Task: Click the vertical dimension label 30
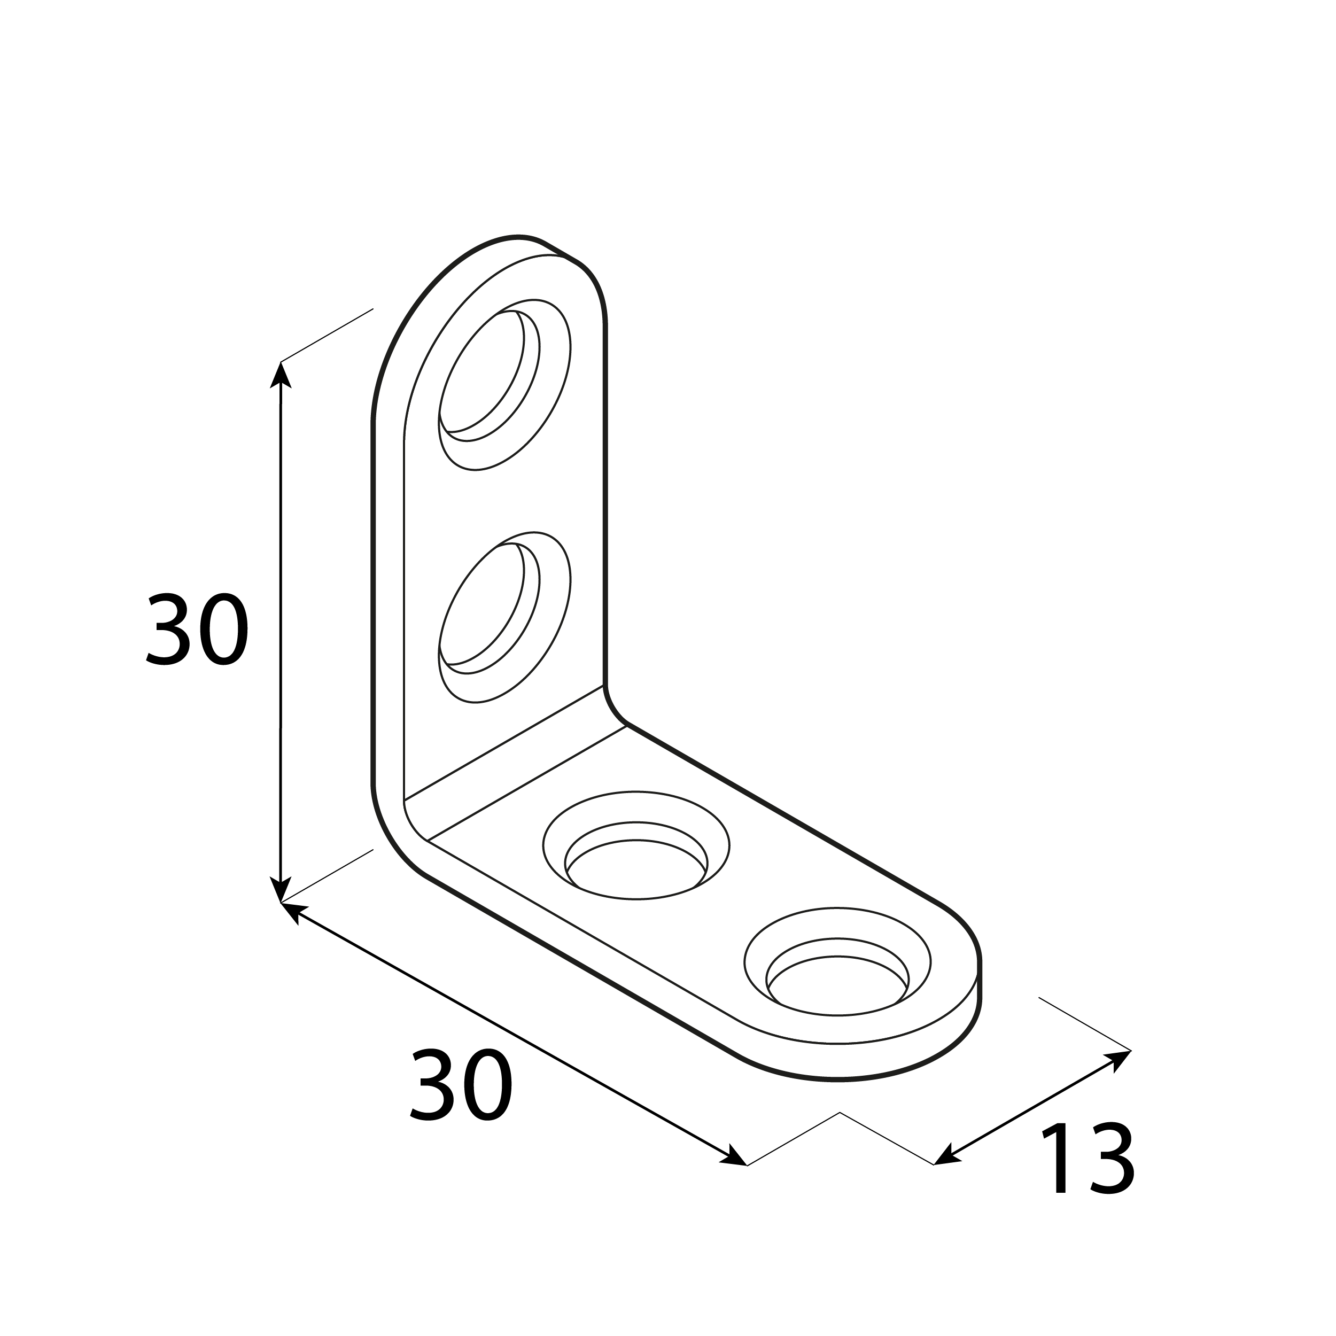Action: [x=197, y=630]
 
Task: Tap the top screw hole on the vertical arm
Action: [x=490, y=376]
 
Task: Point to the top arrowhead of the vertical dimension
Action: [x=280, y=374]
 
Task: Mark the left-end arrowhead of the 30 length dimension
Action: [x=292, y=911]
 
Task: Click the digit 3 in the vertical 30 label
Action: [x=168, y=630]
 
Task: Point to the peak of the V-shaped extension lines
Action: [x=840, y=1113]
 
